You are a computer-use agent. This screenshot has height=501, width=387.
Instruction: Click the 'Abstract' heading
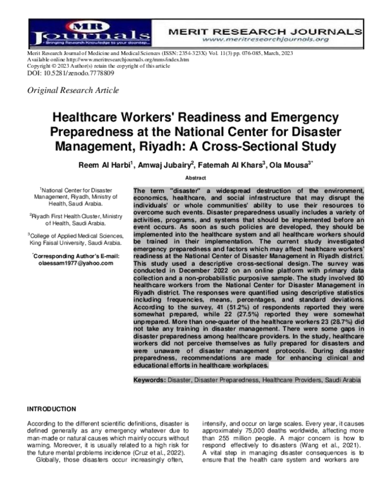[x=196, y=176]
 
